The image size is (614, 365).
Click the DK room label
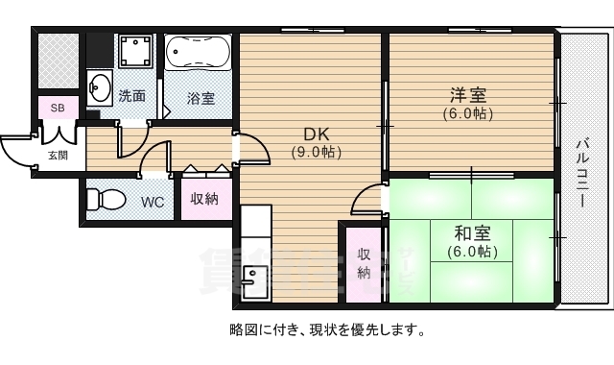[317, 134]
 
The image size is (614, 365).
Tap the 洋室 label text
[468, 95]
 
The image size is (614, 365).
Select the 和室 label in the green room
[471, 232]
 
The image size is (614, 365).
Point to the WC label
[153, 202]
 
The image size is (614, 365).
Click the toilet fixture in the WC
[105, 200]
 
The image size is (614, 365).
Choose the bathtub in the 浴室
[198, 52]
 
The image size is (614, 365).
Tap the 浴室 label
[201, 98]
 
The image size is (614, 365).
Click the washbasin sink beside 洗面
[99, 88]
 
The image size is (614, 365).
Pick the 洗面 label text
[131, 95]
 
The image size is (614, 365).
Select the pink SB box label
[58, 107]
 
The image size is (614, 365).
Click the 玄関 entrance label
[58, 155]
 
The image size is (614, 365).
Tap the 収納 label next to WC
[204, 199]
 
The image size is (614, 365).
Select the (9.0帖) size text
[317, 152]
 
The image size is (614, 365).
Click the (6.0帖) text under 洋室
[468, 113]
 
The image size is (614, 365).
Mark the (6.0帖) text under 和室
[471, 252]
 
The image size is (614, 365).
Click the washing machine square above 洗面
[136, 51]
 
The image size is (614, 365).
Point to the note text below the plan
[327, 329]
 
